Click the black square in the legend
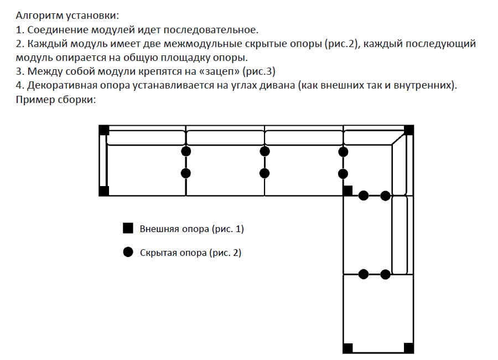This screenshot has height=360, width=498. [x=128, y=228]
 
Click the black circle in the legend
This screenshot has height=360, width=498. [x=128, y=252]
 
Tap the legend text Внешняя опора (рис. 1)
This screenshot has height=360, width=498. [x=192, y=229]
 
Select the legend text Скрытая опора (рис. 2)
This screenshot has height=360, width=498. [x=190, y=253]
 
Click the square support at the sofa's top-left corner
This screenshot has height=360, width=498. [x=104, y=130]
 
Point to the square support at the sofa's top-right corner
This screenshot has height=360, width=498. [x=409, y=130]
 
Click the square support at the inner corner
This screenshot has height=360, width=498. [x=348, y=191]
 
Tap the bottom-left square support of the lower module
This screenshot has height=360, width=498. [x=348, y=348]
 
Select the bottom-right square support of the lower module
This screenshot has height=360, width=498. [x=409, y=348]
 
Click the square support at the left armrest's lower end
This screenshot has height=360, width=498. [x=104, y=191]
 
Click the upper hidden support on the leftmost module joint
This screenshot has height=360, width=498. [x=186, y=151]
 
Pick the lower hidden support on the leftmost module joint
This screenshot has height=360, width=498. [x=186, y=173]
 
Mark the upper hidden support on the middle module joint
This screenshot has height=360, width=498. [x=264, y=151]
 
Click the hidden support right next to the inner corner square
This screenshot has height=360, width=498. [x=364, y=196]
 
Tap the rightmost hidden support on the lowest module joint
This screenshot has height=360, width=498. [x=385, y=274]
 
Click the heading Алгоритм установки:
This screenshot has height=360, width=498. [x=68, y=16]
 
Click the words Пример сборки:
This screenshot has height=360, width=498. [x=56, y=100]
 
